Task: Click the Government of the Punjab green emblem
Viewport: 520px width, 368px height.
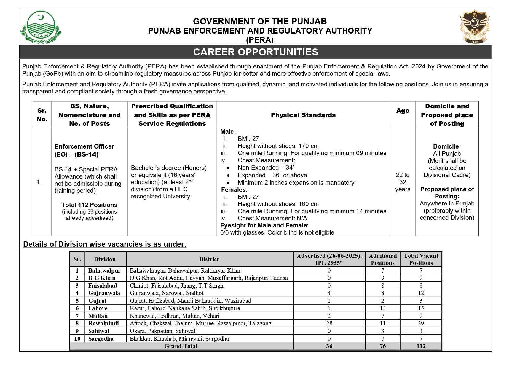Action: click(41, 27)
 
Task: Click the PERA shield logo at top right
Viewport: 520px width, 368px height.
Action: click(475, 27)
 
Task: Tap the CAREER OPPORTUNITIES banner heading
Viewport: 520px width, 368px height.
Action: click(256, 52)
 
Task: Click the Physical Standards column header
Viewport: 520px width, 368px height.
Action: click(303, 115)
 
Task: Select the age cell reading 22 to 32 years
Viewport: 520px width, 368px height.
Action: click(402, 182)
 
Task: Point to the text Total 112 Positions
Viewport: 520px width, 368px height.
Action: click(89, 205)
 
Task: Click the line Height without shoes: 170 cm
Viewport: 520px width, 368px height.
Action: click(278, 146)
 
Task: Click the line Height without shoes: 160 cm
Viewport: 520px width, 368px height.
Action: click(278, 204)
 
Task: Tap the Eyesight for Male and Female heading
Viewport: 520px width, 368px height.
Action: click(264, 225)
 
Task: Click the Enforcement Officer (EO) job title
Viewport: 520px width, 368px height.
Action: click(84, 150)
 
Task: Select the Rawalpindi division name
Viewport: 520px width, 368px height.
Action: click(103, 324)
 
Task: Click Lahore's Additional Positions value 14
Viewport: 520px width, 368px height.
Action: click(382, 308)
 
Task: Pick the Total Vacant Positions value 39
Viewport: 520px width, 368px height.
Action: click(421, 324)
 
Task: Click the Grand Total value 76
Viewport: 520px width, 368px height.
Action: click(382, 346)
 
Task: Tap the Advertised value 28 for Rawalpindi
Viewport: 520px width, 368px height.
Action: click(329, 324)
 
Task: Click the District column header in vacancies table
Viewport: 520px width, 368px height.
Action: click(209, 259)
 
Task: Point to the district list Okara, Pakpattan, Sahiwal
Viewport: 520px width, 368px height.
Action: click(162, 331)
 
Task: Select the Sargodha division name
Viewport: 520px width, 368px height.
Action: click(101, 339)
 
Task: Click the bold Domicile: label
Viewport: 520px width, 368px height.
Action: click(447, 146)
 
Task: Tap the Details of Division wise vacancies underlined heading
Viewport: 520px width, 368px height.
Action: click(105, 244)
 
